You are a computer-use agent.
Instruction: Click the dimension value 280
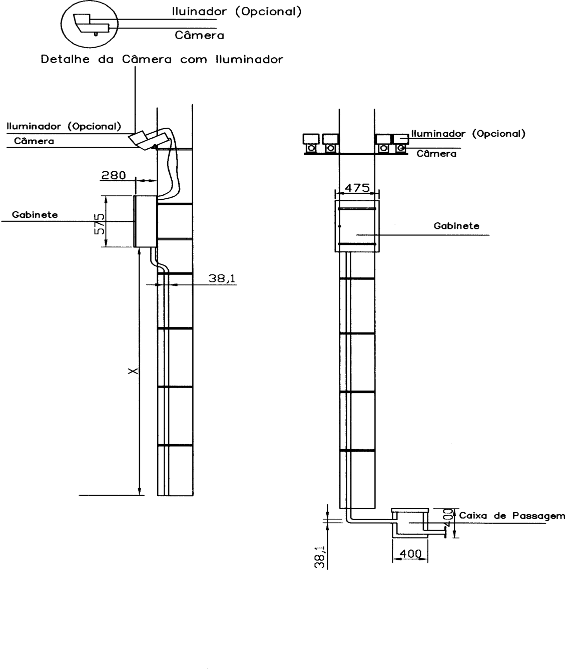[x=114, y=175]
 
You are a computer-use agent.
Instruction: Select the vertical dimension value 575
[x=100, y=224]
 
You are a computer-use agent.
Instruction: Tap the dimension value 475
[x=357, y=188]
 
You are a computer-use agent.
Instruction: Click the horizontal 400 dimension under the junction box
[x=410, y=554]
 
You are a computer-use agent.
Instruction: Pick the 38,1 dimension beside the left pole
[x=222, y=278]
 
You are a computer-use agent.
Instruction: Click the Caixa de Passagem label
[x=512, y=516]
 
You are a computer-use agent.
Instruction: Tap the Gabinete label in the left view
[x=35, y=215]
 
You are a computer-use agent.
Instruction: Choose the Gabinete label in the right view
[x=456, y=226]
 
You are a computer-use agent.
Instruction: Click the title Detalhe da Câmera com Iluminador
[x=162, y=59]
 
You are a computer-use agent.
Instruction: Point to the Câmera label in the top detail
[x=199, y=35]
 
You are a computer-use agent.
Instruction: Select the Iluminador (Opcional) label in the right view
[x=468, y=133]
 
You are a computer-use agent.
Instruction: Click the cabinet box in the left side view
[x=145, y=221]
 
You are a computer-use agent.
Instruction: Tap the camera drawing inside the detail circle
[x=92, y=24]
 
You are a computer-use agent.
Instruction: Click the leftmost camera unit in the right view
[x=311, y=143]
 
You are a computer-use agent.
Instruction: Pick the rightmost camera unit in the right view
[x=401, y=143]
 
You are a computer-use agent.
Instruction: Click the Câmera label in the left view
[x=34, y=141]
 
